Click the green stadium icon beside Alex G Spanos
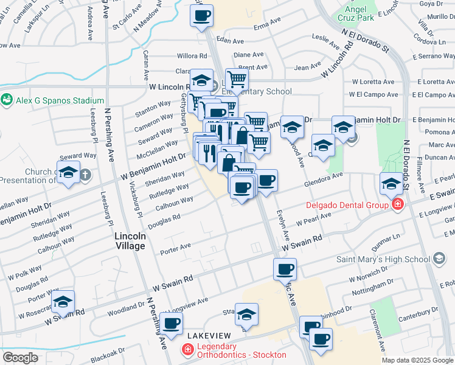click(8, 99)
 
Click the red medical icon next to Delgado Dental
click(398, 204)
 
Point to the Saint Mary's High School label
click(383, 259)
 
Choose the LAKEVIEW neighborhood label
click(209, 336)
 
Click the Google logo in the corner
click(20, 357)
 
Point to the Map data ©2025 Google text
click(417, 360)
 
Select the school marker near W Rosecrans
click(63, 302)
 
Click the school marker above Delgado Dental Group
click(390, 182)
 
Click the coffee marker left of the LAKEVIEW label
click(171, 323)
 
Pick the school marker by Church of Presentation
click(68, 172)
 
